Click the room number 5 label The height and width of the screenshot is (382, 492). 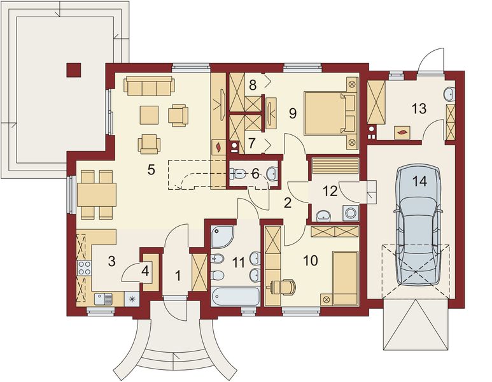tap(151, 170)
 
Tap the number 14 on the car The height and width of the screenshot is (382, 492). tap(420, 181)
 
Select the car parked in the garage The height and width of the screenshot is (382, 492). tap(418, 225)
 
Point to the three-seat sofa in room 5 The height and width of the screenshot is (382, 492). tap(150, 85)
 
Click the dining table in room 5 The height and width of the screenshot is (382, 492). tap(97, 195)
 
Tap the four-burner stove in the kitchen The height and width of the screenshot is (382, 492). tap(84, 268)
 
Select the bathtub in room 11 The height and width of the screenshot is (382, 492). tap(235, 295)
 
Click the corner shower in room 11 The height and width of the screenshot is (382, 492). tap(222, 236)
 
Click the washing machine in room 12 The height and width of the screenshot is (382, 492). tap(350, 213)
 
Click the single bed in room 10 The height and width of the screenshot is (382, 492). tap(346, 278)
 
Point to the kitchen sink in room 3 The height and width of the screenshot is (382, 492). tap(104, 299)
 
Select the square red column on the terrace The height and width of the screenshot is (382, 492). tap(74, 69)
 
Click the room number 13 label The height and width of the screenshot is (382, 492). tap(419, 109)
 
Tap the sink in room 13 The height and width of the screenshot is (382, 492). tap(449, 94)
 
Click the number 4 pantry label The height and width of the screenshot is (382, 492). tap(145, 271)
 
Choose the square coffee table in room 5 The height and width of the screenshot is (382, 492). tap(150, 115)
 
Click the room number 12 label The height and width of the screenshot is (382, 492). tap(330, 191)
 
